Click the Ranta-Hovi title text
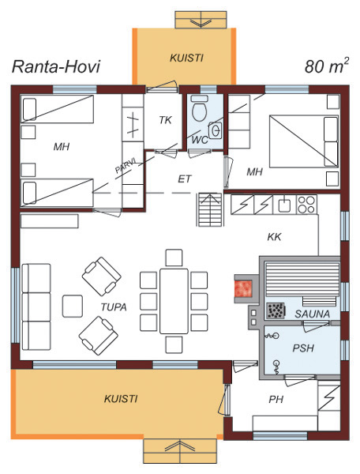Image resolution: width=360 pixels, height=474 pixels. (56, 66)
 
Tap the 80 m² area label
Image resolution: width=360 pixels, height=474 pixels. (327, 65)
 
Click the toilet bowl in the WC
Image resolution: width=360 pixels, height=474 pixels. (200, 109)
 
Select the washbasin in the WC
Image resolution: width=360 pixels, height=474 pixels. (216, 130)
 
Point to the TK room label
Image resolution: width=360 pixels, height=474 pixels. (165, 120)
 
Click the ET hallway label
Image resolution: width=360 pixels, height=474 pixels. (184, 179)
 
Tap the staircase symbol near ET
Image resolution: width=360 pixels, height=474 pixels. (210, 209)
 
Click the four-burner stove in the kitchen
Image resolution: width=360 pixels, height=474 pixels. (306, 205)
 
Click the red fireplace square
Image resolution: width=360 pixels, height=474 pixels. (243, 288)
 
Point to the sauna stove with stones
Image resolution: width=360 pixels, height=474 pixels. (276, 310)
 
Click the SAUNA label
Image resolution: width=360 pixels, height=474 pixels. (313, 314)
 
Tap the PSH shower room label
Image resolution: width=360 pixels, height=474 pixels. (303, 348)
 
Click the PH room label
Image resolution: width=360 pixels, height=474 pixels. (276, 399)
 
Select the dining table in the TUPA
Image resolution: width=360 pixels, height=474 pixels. (174, 301)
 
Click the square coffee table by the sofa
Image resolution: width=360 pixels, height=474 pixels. (73, 306)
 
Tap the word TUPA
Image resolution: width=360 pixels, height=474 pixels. (114, 307)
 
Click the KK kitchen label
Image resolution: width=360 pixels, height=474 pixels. (274, 237)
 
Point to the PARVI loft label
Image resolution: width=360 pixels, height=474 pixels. (126, 166)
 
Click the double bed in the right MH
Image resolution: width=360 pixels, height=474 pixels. (303, 141)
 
